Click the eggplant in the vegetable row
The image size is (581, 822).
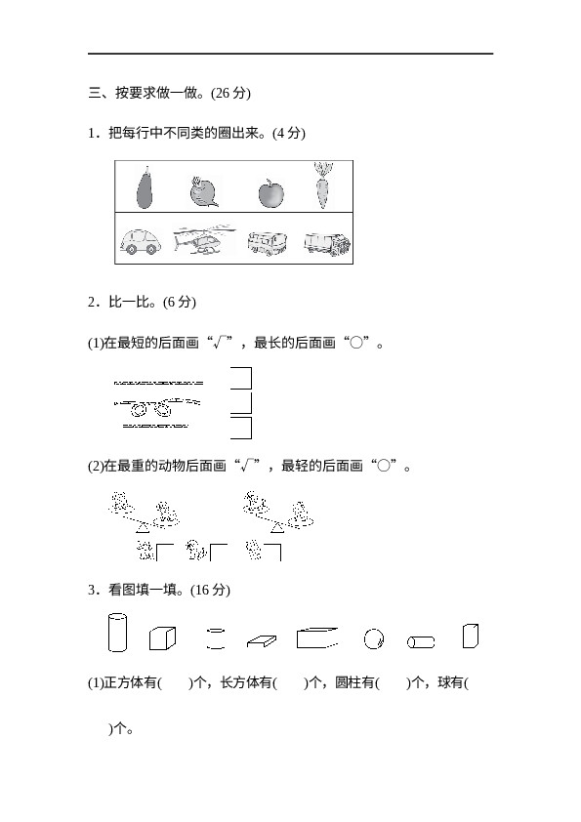coord(145,187)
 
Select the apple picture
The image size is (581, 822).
coord(271,193)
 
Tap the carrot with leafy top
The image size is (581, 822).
coord(323,185)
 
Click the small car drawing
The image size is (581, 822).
coord(140,241)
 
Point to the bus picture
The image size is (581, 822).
coord(268,243)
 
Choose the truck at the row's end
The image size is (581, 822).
coord(327,243)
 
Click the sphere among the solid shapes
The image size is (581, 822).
coord(373,639)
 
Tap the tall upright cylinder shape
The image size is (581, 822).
coord(117,633)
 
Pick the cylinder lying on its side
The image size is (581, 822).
coord(421,641)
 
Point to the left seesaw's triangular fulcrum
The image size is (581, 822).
coord(143,528)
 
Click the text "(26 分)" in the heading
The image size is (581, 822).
coord(230,93)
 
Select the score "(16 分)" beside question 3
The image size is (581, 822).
coord(210,590)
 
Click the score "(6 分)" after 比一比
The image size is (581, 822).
coord(180,302)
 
